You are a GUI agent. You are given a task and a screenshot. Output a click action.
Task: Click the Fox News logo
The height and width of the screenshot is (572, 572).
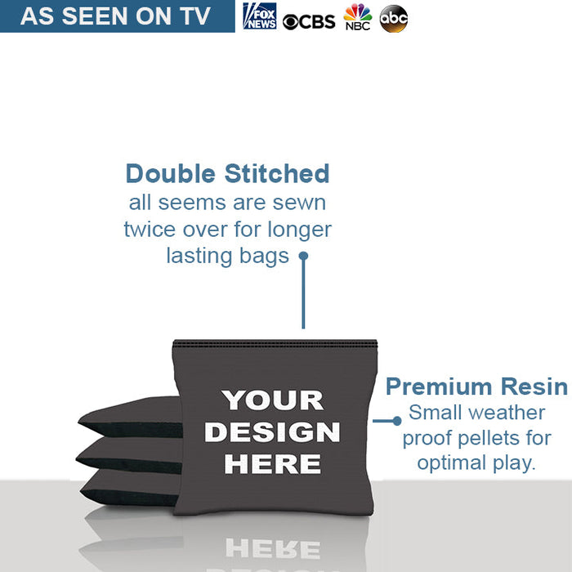coord(260,16)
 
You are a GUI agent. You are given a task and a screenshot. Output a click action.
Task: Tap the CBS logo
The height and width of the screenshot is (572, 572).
coord(309,22)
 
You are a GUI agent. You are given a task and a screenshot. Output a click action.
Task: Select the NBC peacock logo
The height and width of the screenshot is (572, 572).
coord(358,17)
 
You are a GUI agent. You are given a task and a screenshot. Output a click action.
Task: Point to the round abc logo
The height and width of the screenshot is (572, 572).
coord(394,19)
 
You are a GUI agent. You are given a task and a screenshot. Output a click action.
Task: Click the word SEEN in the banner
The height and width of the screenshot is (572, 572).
coord(95,16)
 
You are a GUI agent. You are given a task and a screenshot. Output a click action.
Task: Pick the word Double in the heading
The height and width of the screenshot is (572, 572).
coord(170,173)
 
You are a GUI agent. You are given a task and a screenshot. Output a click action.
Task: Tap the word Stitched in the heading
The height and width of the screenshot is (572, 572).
coord(277,173)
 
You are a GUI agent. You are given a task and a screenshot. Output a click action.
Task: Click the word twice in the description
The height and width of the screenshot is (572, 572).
coord(150,230)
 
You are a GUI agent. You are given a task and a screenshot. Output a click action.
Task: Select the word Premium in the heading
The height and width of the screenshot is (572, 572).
coord(439,387)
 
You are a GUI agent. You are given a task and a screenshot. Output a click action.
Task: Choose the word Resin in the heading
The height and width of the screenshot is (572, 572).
coord(534,387)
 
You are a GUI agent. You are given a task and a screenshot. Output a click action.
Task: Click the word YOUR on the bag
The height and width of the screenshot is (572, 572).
coord(272,400)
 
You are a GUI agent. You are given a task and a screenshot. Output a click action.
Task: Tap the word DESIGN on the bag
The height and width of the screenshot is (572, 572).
coord(272,432)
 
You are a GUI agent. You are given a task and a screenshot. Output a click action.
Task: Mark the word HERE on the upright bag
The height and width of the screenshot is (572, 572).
coord(272,464)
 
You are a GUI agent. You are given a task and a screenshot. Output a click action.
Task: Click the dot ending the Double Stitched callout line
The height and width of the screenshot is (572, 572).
coord(303,256)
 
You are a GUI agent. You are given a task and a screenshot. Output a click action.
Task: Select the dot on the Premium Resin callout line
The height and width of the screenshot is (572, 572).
coord(397,421)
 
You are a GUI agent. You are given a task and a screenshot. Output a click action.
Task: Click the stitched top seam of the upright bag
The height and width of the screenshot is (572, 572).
coord(275,343)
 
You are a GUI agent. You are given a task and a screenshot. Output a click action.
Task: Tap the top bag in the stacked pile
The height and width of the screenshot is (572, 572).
coord(130,417)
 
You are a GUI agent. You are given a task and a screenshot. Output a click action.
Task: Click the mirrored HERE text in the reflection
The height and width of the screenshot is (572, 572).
coord(273,548)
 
